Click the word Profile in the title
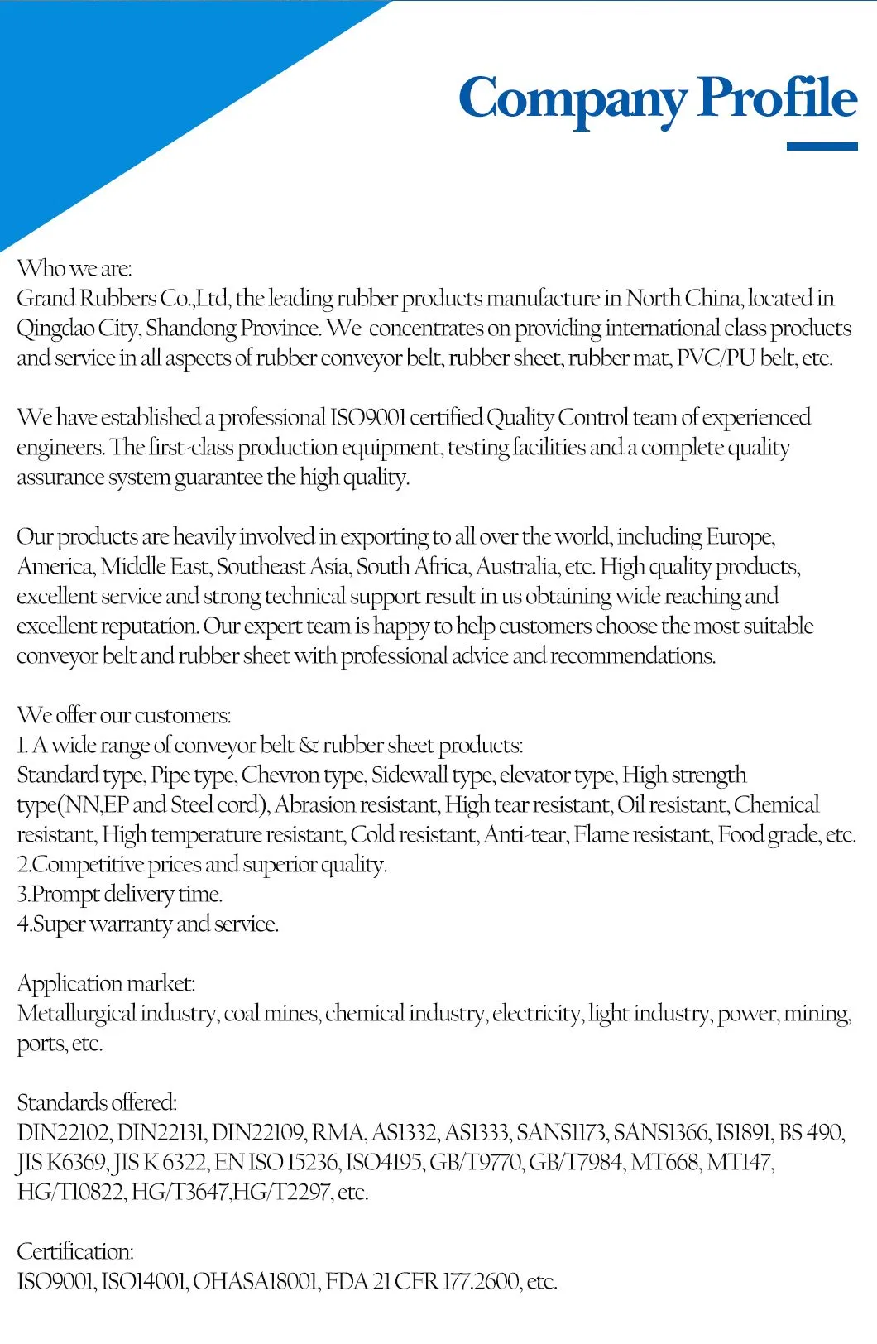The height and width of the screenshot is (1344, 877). [778, 97]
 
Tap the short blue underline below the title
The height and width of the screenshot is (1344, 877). [821, 146]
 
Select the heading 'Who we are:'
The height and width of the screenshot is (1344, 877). [74, 268]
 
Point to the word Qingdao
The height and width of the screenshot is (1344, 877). [55, 329]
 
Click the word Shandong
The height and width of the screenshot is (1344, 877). [191, 329]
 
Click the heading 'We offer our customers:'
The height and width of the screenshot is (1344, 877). [124, 716]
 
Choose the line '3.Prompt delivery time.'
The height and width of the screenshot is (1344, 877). [120, 895]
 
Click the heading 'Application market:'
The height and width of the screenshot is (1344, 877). [106, 984]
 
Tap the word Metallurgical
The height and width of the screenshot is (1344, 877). [76, 1014]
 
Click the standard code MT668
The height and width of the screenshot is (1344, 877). [664, 1163]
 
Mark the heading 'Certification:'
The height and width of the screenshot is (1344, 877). [75, 1252]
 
